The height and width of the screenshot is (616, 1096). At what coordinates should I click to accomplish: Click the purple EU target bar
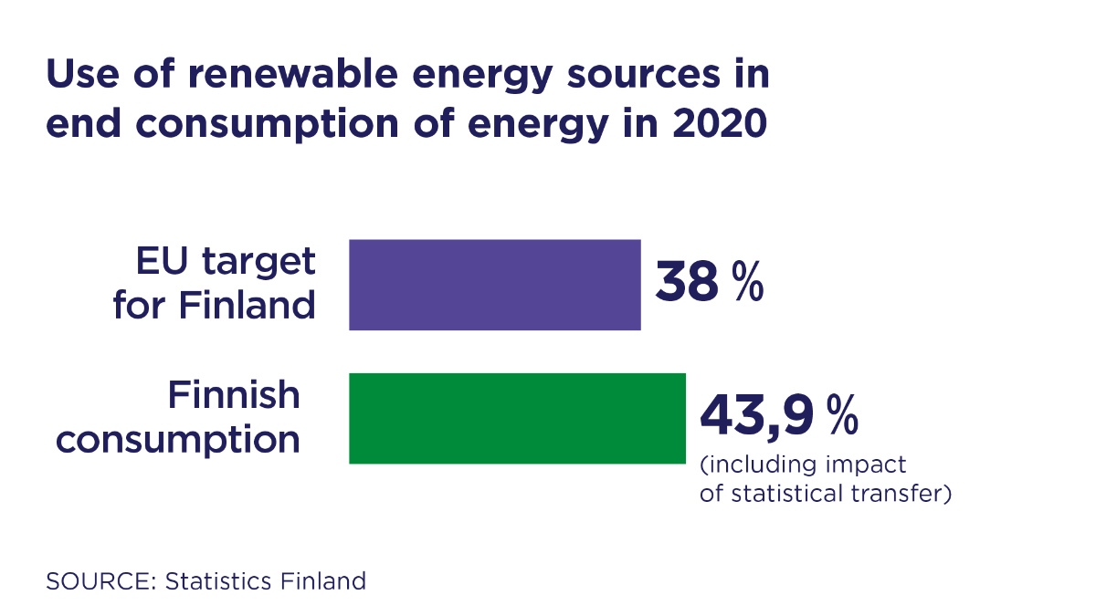click(x=494, y=284)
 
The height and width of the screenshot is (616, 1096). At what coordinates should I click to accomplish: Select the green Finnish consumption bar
click(x=517, y=418)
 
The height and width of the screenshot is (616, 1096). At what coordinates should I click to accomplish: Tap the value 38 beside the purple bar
click(x=687, y=284)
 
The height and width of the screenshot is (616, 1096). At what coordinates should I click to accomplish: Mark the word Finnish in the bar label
click(x=234, y=395)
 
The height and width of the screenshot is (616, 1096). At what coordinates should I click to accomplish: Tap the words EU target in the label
click(x=226, y=261)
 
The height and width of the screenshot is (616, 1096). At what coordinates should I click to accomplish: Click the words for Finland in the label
click(x=215, y=305)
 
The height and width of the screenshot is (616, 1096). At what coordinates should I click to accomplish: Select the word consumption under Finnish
click(x=178, y=439)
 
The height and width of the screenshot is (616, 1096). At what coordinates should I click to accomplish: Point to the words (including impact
click(x=803, y=465)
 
